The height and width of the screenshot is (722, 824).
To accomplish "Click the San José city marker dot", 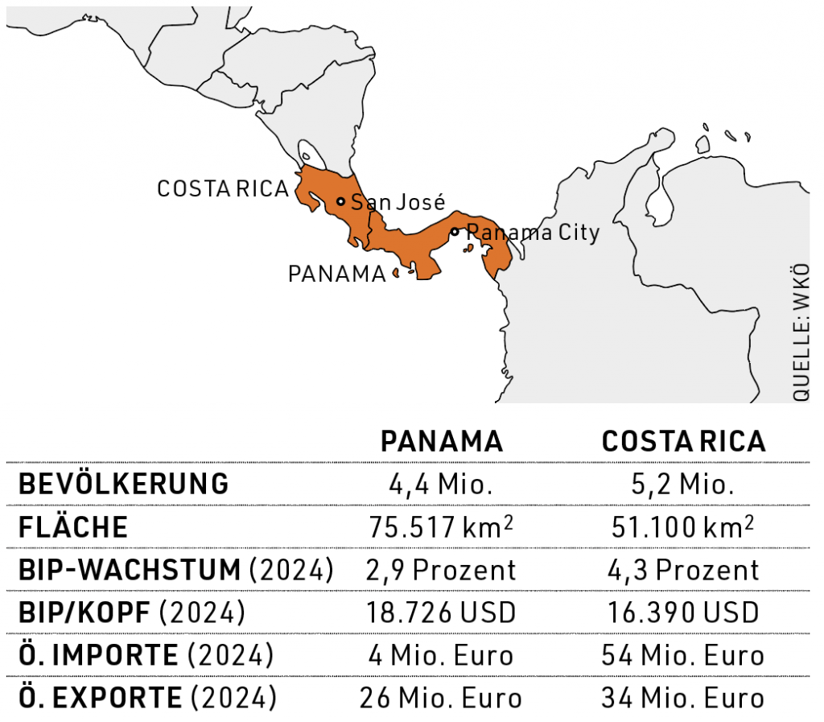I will (340, 201).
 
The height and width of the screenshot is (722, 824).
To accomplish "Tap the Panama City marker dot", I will (455, 232).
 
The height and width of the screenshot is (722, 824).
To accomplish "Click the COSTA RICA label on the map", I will (223, 188).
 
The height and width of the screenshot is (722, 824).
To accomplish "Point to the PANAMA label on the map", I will (337, 274).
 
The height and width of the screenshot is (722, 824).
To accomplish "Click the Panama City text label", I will (534, 233).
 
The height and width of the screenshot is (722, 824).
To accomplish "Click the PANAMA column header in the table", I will (442, 441).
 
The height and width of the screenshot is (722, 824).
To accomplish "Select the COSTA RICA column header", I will (684, 441).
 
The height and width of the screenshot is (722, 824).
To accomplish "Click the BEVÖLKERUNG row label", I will (123, 485).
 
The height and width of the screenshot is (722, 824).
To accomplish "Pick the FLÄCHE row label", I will (73, 527).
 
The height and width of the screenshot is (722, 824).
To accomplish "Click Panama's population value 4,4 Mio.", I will (442, 485).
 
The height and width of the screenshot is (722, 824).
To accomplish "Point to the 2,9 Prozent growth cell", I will (442, 570).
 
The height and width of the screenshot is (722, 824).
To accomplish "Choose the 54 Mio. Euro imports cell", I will (682, 655).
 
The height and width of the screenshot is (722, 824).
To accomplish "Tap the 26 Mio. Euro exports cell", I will (442, 698).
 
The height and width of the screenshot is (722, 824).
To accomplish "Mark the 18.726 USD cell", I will (442, 613).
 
